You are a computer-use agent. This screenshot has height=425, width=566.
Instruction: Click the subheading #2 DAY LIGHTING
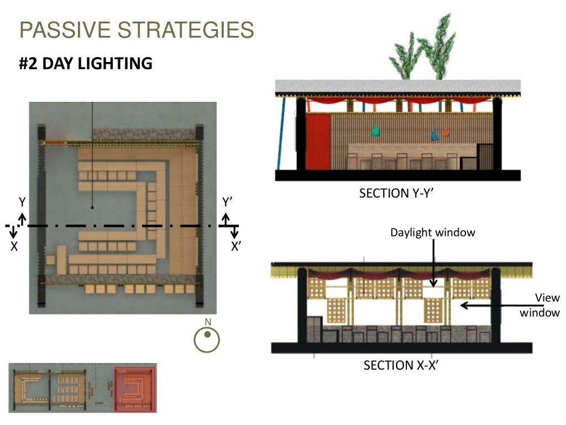click(x=86, y=64)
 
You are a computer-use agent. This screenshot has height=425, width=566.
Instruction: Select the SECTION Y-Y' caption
click(x=399, y=193)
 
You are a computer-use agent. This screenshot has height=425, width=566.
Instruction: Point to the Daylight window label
click(x=433, y=232)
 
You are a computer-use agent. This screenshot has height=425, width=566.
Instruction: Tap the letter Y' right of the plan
click(x=227, y=203)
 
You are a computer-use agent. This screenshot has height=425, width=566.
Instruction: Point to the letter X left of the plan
click(x=14, y=247)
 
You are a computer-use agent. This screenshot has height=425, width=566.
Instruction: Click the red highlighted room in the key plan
click(x=135, y=388)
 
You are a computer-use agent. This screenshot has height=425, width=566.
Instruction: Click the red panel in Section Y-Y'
click(x=317, y=141)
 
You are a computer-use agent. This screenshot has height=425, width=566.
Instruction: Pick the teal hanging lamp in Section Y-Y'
click(x=376, y=131)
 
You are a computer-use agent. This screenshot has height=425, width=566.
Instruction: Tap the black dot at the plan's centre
click(x=92, y=208)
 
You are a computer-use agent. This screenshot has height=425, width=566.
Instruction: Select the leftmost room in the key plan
click(x=30, y=388)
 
